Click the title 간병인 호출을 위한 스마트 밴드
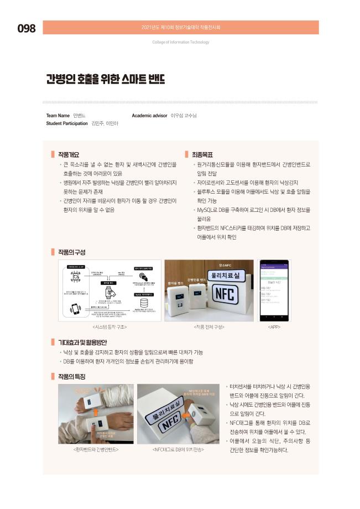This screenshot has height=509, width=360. pyautogui.click(x=106, y=80)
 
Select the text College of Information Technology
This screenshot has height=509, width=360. pyautogui.click(x=180, y=42)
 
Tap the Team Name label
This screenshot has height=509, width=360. pyautogui.click(x=58, y=116)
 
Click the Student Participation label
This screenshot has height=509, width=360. pyautogui.click(x=67, y=123)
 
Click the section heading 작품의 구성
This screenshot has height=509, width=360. pyautogui.click(x=71, y=252)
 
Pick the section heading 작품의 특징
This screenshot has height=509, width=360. pyautogui.click(x=71, y=376)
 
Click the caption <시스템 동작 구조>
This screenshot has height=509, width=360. pyautogui.click(x=109, y=327)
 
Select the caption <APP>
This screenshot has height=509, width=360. pyautogui.click(x=275, y=327)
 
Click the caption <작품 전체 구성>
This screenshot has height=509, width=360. pyautogui.click(x=209, y=327)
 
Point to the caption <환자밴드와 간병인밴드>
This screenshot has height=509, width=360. pyautogui.click(x=96, y=449)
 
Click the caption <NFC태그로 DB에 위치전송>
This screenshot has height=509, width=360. pyautogui.click(x=178, y=449)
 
